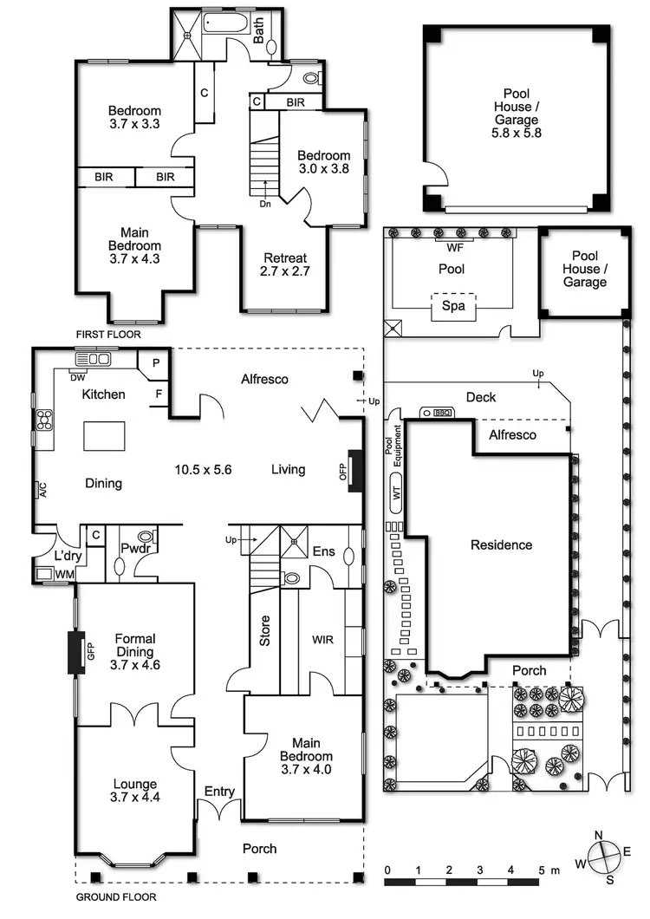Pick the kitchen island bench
pyautogui.click(x=104, y=435)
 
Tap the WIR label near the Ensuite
pyautogui.click(x=322, y=641)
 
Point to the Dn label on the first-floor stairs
pyautogui.click(x=266, y=205)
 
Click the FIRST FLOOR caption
pyautogui.click(x=108, y=334)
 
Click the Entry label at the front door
pyautogui.click(x=219, y=792)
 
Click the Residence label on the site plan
pyautogui.click(x=501, y=544)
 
